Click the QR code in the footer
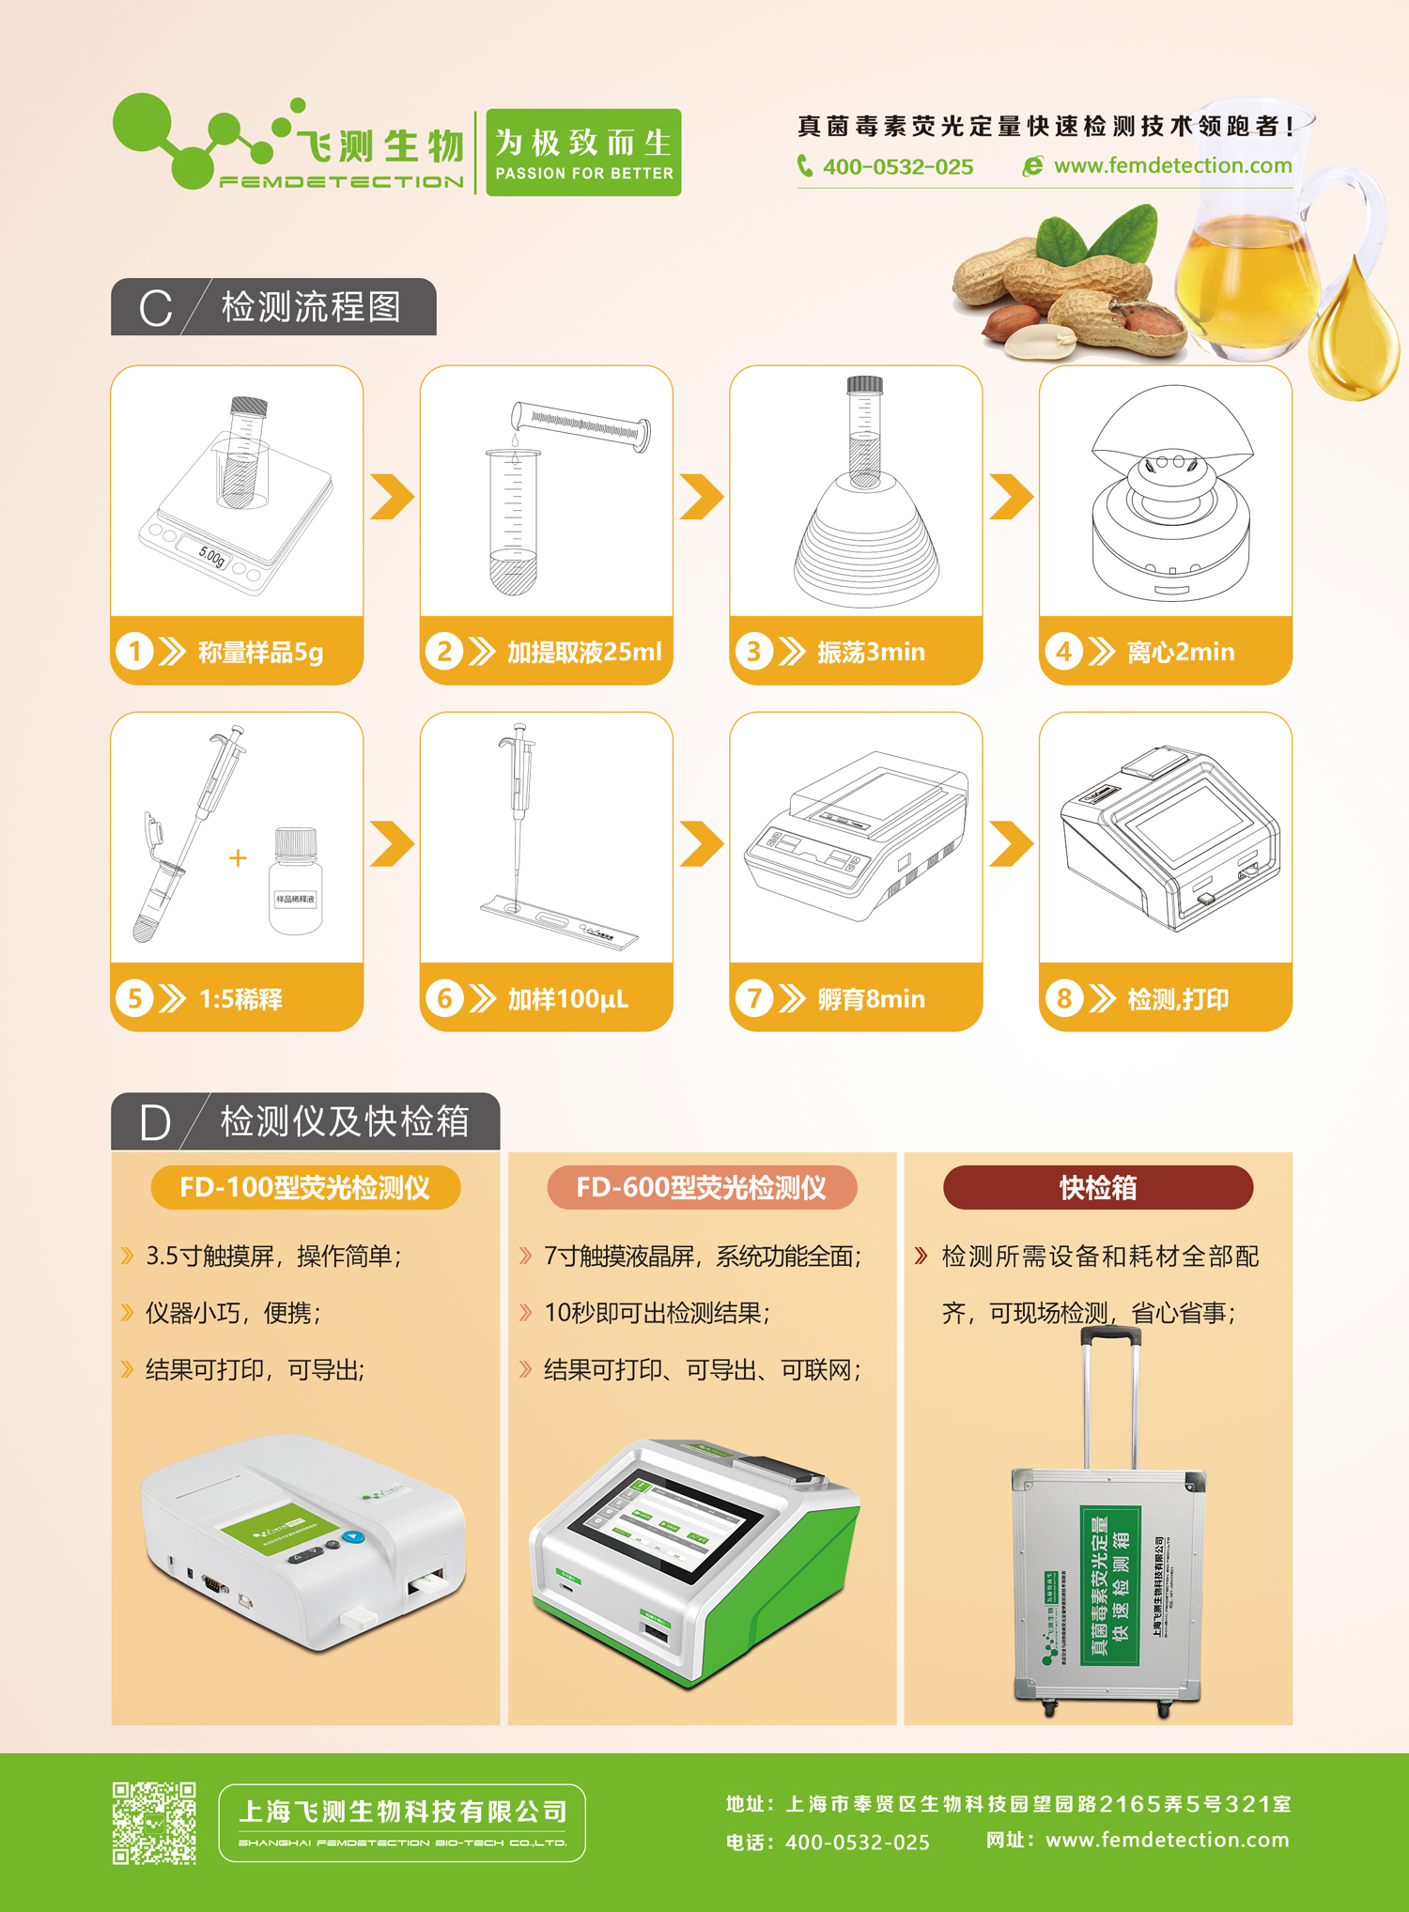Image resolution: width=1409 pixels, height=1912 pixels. pos(154,1822)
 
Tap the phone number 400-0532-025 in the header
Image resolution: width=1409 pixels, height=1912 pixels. pos(897,167)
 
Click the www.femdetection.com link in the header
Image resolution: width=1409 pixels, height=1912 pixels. pos(1172,166)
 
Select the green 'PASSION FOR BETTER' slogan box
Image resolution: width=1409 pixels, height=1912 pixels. pos(583,152)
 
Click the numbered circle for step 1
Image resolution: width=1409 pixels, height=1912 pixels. pos(134,651)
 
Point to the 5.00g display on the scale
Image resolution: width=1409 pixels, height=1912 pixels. pos(212,557)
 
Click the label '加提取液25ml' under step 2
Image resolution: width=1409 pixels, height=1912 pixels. pos(584,652)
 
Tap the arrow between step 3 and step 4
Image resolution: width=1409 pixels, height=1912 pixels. pos(1011,497)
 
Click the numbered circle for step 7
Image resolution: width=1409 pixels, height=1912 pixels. pos(753,997)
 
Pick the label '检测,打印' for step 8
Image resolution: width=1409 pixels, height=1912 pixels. pos(1178,998)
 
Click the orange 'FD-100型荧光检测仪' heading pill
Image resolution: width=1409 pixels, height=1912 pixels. pos(305,1188)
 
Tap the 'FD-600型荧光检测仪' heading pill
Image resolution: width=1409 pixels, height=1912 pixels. pos(702,1188)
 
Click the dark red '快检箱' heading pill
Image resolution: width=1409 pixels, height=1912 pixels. pos(1097,1188)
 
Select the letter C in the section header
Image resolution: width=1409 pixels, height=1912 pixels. pos(155,308)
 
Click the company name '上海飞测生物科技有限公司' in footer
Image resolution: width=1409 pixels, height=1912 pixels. pos(403,1811)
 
